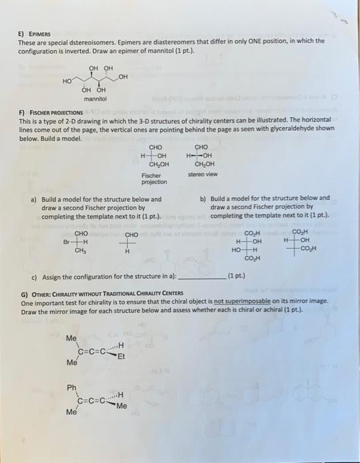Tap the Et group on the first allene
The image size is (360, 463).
pyautogui.click(x=122, y=354)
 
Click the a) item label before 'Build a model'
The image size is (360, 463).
pyautogui.click(x=34, y=198)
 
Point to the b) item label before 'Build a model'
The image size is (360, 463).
pyautogui.click(x=202, y=198)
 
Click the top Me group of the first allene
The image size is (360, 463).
pyautogui.click(x=71, y=338)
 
